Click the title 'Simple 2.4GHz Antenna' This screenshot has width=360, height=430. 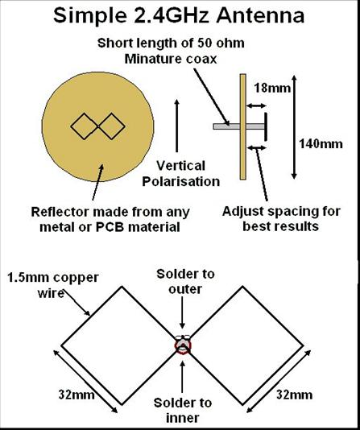[179, 15]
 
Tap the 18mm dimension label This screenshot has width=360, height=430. [272, 88]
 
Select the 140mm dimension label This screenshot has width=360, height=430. [321, 144]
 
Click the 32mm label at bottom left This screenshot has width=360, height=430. [77, 395]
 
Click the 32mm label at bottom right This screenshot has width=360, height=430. [294, 395]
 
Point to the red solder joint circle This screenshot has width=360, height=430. [183, 345]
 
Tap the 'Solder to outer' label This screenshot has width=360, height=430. [185, 282]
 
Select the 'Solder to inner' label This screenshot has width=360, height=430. [183, 411]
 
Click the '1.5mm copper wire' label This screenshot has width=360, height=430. [53, 285]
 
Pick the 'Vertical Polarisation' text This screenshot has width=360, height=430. [181, 174]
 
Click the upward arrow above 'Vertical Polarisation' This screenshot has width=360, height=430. [177, 126]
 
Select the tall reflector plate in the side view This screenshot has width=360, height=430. [243, 126]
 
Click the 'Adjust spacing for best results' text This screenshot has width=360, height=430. [281, 219]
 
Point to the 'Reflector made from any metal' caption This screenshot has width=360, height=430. [110, 219]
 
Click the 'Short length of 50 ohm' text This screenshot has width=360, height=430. [171, 43]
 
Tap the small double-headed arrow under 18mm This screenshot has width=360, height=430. [256, 105]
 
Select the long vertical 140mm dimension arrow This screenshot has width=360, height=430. [294, 127]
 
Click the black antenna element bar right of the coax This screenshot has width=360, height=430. [266, 126]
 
